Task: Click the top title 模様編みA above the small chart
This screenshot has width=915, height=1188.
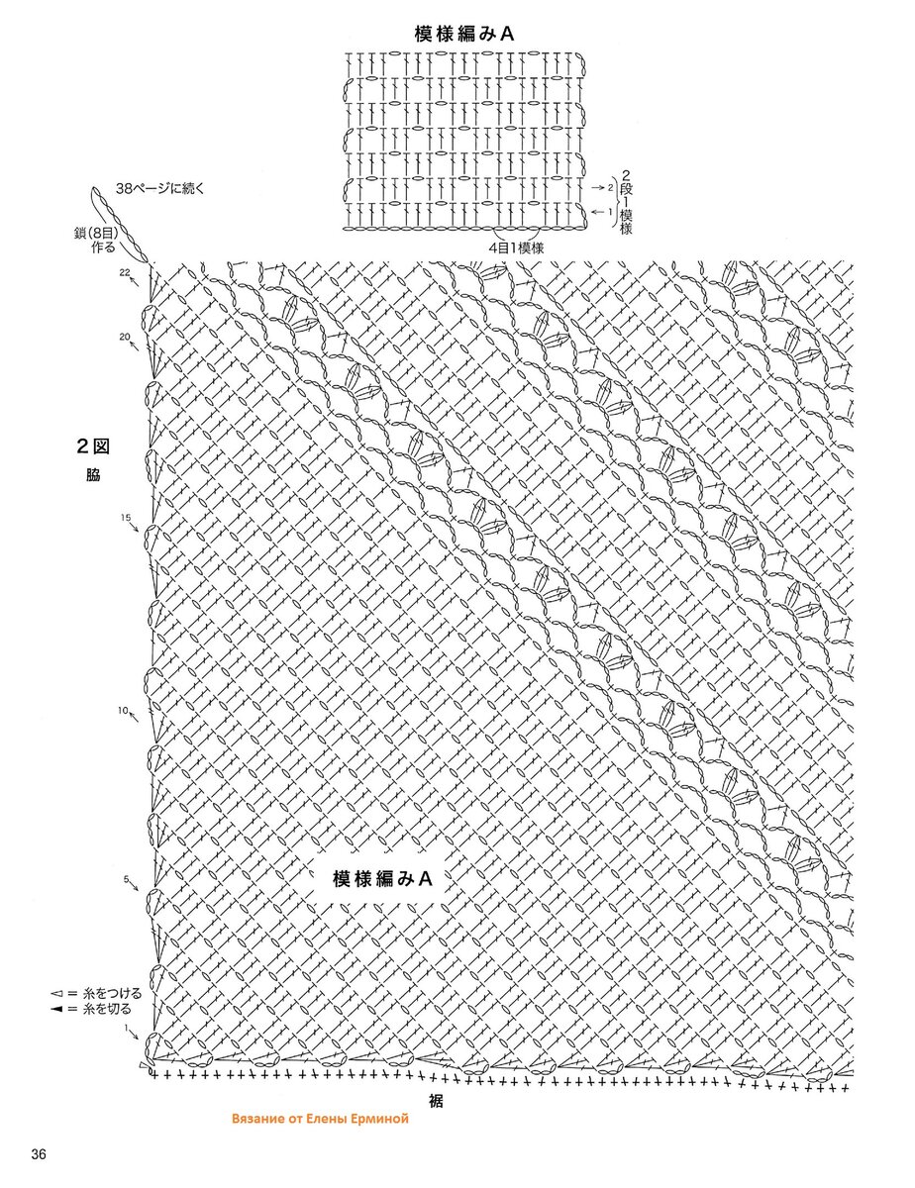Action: pyautogui.click(x=464, y=34)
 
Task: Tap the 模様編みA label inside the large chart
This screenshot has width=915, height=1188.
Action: pyautogui.click(x=382, y=878)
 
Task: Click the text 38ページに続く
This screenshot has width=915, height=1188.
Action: pyautogui.click(x=159, y=189)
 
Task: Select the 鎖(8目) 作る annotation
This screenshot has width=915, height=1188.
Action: pyautogui.click(x=96, y=240)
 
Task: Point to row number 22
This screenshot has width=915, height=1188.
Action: pyautogui.click(x=125, y=271)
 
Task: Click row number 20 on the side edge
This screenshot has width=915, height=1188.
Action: pyautogui.click(x=125, y=337)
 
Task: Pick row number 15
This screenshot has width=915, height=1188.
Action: pyautogui.click(x=126, y=517)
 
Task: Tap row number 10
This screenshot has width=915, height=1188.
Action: pyautogui.click(x=123, y=711)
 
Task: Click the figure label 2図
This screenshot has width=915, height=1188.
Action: pyautogui.click(x=93, y=446)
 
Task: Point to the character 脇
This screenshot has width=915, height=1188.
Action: pyautogui.click(x=93, y=474)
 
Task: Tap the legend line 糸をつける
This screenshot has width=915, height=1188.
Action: pyautogui.click(x=96, y=993)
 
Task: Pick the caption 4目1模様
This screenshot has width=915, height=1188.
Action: pyautogui.click(x=516, y=247)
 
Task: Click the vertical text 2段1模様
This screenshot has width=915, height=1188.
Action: pyautogui.click(x=626, y=202)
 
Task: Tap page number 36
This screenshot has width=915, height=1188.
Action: pyautogui.click(x=39, y=1165)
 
